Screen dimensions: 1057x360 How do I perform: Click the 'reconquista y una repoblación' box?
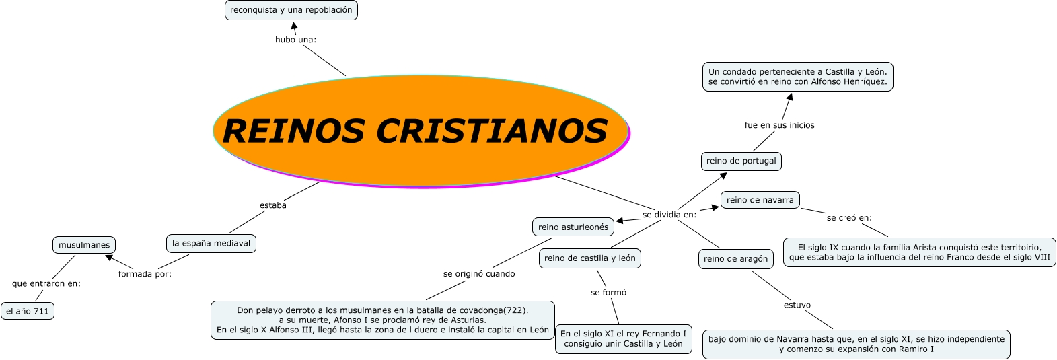click(291, 10)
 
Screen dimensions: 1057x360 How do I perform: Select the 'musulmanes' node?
click(84, 245)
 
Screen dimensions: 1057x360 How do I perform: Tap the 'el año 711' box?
click(28, 311)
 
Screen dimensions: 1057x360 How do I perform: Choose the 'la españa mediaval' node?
click(211, 243)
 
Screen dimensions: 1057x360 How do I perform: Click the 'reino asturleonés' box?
click(573, 227)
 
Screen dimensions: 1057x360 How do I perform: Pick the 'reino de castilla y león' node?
click(590, 258)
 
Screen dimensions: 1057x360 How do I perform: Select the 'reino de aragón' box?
click(735, 259)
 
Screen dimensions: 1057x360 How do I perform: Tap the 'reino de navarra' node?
click(760, 200)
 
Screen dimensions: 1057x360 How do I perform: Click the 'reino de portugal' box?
click(741, 161)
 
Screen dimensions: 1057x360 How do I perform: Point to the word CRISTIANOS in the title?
click(492, 131)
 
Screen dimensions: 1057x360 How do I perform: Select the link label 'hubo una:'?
click(295, 40)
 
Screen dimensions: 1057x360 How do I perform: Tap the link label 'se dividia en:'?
click(669, 215)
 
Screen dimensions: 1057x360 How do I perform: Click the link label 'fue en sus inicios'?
click(779, 125)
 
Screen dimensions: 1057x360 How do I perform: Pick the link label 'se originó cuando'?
click(479, 274)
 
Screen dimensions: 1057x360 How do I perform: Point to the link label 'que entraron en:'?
click(46, 283)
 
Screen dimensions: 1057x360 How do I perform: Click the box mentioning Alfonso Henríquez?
click(798, 77)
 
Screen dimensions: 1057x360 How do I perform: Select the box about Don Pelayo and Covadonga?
click(383, 320)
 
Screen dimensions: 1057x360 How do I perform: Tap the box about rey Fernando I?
click(623, 338)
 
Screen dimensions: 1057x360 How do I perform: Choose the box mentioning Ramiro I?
click(856, 344)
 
